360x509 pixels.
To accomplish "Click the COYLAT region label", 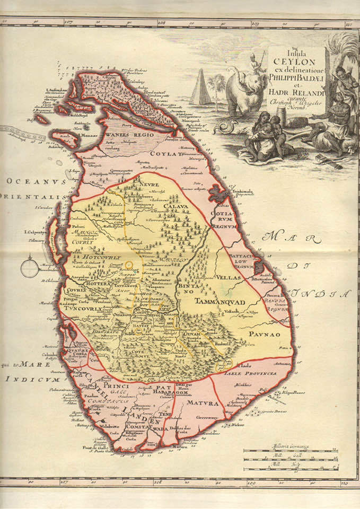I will click(x=165, y=154).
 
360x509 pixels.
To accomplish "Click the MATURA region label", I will click(x=201, y=403).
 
